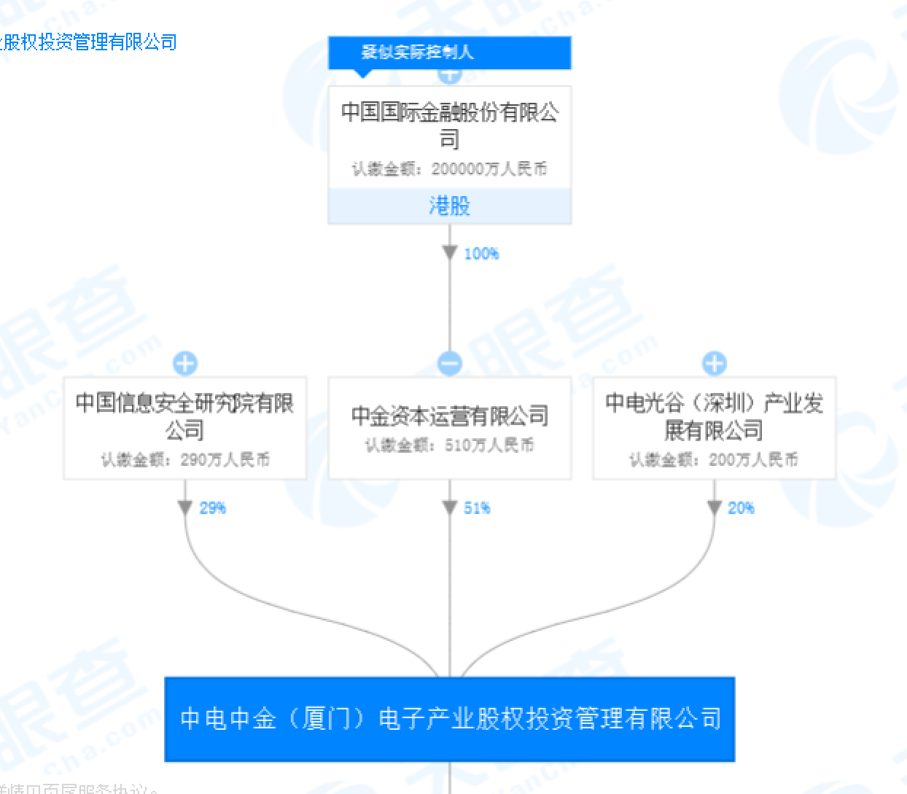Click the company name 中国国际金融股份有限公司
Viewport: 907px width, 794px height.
click(x=449, y=125)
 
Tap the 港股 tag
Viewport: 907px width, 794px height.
click(x=449, y=206)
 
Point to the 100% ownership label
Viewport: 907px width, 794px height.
click(x=481, y=254)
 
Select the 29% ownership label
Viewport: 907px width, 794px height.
click(x=213, y=508)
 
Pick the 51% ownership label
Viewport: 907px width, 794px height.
click(x=477, y=508)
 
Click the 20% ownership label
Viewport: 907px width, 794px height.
click(x=741, y=508)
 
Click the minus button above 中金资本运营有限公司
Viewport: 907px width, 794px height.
click(x=450, y=363)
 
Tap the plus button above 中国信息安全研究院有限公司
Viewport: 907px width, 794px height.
click(x=185, y=363)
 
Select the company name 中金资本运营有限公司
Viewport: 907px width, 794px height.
click(x=449, y=416)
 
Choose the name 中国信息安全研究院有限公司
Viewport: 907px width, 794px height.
click(x=184, y=416)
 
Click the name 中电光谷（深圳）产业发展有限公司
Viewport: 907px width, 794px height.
click(x=714, y=416)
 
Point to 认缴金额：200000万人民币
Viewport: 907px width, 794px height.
click(x=449, y=169)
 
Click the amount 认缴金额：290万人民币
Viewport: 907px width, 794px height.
click(x=184, y=459)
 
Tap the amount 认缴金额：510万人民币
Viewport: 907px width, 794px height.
click(x=449, y=445)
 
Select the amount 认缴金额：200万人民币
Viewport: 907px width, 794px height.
click(x=714, y=459)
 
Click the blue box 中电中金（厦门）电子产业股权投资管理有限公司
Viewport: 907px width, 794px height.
click(x=449, y=719)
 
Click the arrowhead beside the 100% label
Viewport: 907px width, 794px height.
click(x=450, y=253)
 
